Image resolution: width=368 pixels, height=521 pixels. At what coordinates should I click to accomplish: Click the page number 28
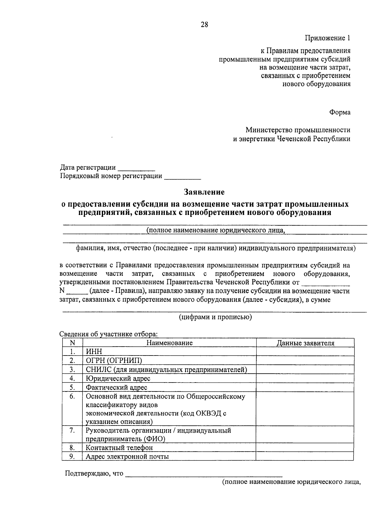205,25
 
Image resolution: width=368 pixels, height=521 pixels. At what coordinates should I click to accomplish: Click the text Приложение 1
327,38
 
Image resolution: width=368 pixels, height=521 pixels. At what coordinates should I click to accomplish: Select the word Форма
340,112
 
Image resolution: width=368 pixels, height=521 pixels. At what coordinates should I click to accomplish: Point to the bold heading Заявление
204,192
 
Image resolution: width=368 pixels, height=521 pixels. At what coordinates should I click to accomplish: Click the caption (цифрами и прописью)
215,317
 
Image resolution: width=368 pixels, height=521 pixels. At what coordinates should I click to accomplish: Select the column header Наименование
169,343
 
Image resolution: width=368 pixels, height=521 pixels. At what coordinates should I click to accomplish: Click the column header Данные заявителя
305,343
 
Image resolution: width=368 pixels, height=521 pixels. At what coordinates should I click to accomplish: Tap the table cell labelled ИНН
94,352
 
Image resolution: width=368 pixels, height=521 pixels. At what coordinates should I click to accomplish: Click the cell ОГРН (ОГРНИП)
114,360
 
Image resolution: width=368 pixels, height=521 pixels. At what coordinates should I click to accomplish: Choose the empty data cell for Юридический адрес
305,378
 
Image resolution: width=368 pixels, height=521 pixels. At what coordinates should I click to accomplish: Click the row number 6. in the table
72,396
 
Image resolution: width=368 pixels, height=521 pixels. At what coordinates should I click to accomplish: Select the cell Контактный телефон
119,448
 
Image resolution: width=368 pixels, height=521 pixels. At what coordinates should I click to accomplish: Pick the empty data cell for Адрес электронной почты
305,456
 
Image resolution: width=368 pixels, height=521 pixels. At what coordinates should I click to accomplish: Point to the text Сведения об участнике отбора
109,334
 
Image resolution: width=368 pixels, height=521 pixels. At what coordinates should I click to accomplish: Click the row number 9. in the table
72,456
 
